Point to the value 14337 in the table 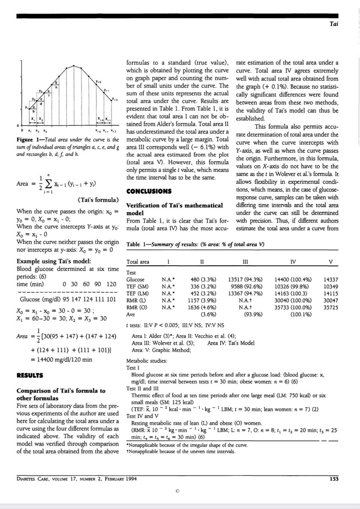(331, 280)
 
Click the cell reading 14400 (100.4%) (293, 280)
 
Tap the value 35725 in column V (331, 309)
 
